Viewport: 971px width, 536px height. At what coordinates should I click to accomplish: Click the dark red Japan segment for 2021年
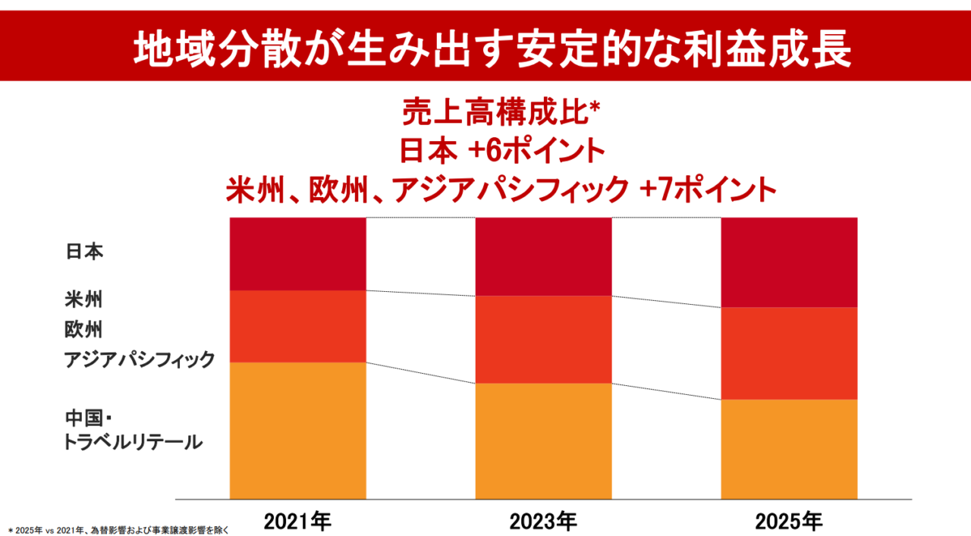[297, 253]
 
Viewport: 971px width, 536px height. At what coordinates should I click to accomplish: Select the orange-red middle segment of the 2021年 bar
[297, 326]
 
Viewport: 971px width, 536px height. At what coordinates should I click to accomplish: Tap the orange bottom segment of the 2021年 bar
[297, 431]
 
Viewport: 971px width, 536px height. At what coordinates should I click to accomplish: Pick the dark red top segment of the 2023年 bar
[543, 256]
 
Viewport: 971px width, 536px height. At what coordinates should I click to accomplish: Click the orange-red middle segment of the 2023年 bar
[543, 339]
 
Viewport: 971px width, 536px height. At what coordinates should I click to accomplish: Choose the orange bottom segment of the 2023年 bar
[543, 440]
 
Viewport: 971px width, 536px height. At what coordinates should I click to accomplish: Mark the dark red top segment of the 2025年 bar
[789, 262]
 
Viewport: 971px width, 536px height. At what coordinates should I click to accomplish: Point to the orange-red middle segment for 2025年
[789, 353]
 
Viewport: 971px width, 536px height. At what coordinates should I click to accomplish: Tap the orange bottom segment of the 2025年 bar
[789, 449]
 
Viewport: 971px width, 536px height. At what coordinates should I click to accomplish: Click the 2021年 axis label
[297, 521]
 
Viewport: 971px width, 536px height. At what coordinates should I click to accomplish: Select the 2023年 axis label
[543, 521]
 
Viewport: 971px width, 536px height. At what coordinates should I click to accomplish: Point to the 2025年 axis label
[789, 521]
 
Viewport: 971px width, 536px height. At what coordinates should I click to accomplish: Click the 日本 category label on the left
[83, 252]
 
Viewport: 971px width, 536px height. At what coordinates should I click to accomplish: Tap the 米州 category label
[83, 299]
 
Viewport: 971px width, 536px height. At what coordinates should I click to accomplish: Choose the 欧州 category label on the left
[83, 330]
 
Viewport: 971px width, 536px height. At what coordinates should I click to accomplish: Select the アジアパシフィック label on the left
[140, 359]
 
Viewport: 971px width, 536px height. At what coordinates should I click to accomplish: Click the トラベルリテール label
[134, 441]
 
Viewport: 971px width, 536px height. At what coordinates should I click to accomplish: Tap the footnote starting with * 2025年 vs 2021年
[118, 529]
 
